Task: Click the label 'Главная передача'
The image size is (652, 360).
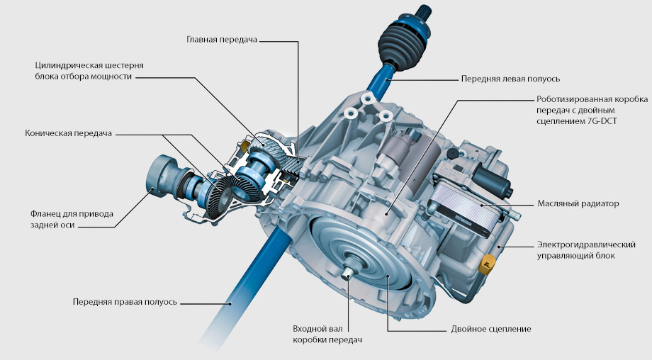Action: click(x=222, y=40)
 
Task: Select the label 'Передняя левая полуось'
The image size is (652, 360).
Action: click(x=510, y=79)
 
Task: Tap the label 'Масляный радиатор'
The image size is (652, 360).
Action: click(x=578, y=203)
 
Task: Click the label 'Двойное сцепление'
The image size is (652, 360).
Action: click(x=491, y=330)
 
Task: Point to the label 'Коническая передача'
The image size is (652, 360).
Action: click(x=68, y=133)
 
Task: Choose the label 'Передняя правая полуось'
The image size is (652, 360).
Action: click(x=125, y=302)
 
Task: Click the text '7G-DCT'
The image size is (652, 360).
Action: click(x=602, y=121)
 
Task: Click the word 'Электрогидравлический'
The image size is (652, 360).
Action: click(x=586, y=245)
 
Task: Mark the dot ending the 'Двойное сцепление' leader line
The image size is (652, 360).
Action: click(x=388, y=276)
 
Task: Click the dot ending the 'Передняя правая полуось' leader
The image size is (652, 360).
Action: click(x=231, y=303)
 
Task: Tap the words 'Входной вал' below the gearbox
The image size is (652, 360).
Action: click(x=317, y=329)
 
